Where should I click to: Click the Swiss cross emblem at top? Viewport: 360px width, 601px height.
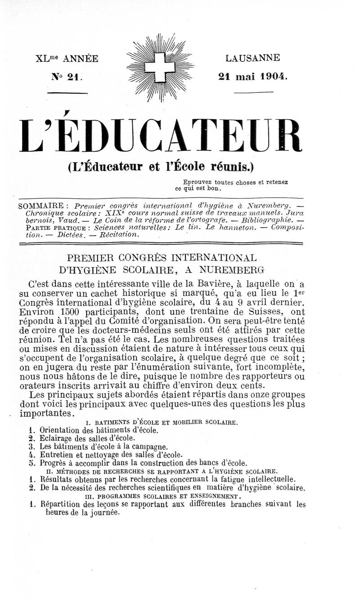click(x=160, y=67)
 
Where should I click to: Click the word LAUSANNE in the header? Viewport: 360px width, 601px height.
click(x=253, y=58)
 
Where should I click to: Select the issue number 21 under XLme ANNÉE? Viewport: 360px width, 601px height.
click(x=72, y=76)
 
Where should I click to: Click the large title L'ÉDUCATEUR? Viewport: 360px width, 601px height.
click(x=160, y=135)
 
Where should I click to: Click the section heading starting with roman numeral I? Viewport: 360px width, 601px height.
click(x=161, y=422)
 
